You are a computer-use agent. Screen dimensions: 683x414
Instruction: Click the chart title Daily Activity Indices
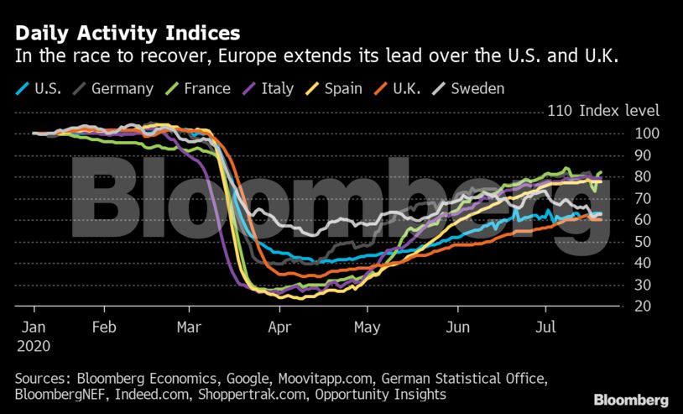[x=128, y=34]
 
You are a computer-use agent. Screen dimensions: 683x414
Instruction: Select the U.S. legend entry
[x=39, y=88]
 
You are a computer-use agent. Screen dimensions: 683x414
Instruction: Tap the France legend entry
[x=197, y=88]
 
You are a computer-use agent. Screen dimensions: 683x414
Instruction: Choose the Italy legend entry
[x=268, y=88]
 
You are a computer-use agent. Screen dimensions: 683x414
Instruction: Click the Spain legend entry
[x=334, y=88]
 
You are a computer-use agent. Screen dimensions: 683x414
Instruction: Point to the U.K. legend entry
[x=397, y=88]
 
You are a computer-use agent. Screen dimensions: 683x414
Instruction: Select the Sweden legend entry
[x=468, y=88]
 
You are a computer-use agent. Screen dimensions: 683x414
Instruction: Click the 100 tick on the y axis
[x=647, y=134]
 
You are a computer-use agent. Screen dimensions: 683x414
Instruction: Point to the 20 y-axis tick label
[x=643, y=306]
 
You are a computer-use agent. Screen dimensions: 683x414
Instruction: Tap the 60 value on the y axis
[x=643, y=220]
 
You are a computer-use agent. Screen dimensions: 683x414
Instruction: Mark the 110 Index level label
[x=603, y=111]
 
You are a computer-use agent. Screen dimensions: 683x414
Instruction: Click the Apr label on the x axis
[x=279, y=327]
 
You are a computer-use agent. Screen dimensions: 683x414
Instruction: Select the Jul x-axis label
[x=545, y=327]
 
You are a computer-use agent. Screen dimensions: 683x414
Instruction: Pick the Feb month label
[x=104, y=327]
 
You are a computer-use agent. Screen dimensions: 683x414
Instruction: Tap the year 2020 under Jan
[x=34, y=346]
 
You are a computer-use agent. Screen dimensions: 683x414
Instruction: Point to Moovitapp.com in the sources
[x=326, y=378]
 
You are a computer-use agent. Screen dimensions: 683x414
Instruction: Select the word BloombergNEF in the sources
[x=60, y=395]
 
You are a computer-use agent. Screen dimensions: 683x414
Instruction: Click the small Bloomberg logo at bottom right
[x=631, y=400]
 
